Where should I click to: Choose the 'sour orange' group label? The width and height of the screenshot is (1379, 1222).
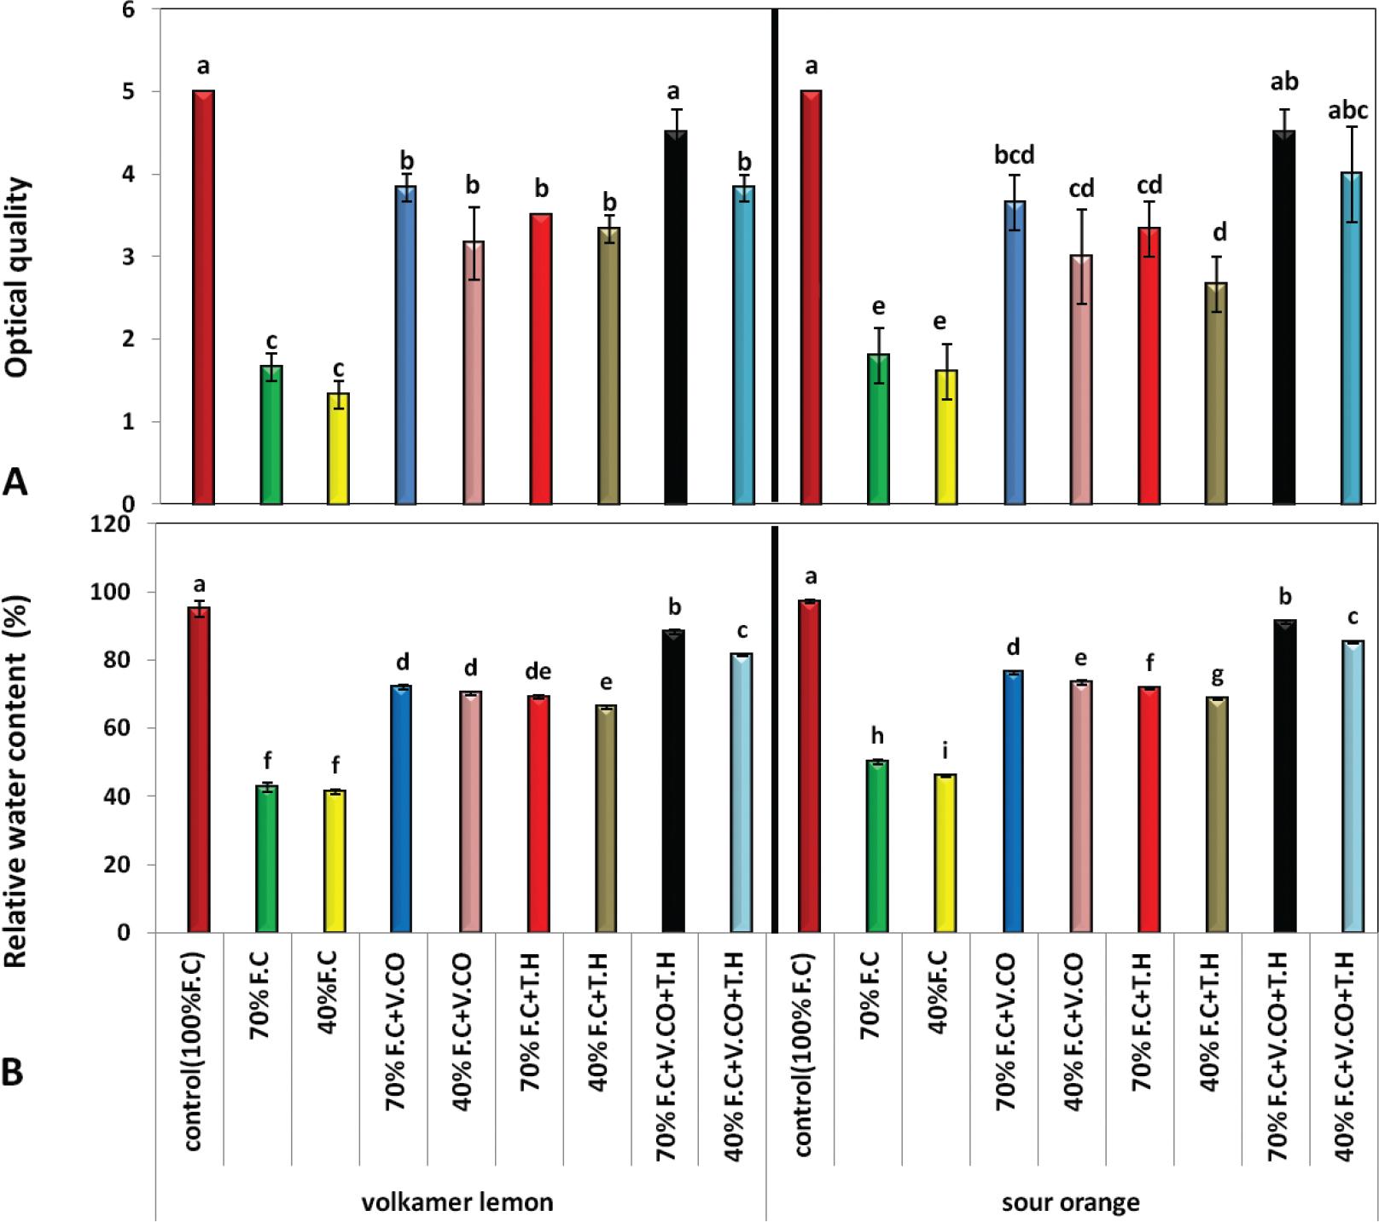point(1071,1202)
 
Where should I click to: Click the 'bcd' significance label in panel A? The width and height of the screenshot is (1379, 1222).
point(1013,155)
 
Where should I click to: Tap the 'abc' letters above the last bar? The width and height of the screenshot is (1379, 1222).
point(1349,110)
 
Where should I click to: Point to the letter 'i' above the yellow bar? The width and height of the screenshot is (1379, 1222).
point(945,751)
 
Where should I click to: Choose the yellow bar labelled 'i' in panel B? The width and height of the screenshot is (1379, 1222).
point(945,853)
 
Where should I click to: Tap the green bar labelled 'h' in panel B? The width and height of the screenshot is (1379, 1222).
point(876,845)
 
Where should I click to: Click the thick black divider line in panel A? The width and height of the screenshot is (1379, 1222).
point(775,256)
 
